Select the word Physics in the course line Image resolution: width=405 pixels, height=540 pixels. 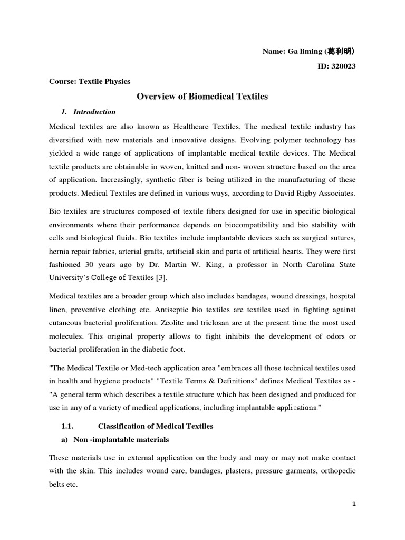[x=117, y=81]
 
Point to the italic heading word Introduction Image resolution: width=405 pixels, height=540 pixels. [x=94, y=112]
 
